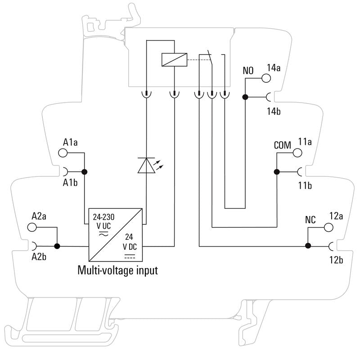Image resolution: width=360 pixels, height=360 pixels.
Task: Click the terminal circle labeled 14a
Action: coord(266,78)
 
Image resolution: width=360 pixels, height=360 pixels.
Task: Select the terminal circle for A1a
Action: coord(63,153)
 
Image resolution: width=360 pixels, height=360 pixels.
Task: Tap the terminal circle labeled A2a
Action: coord(32,227)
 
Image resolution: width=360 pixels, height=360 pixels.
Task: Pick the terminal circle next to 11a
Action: coord(297,153)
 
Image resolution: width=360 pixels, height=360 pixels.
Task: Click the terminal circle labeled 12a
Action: coord(328,227)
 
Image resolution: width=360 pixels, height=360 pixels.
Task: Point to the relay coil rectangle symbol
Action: coord(174,60)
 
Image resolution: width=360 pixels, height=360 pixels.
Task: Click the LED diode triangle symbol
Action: coord(146,165)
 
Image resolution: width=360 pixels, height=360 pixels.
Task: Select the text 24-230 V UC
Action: coord(103,221)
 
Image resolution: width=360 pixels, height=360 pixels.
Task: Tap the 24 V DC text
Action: coord(130,242)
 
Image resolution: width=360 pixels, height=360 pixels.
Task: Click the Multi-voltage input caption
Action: coord(118,270)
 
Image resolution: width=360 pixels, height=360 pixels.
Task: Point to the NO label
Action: coord(248,71)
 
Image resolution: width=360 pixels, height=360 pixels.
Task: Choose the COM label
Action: coord(283,145)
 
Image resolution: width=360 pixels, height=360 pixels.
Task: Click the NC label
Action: coord(310,220)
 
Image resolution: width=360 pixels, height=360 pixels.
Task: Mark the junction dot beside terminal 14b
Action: coord(245,97)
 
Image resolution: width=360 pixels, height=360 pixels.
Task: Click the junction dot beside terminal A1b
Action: coord(85,172)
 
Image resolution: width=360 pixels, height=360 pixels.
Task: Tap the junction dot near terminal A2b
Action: coord(57,246)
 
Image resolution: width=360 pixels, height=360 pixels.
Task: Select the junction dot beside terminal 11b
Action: coord(277,172)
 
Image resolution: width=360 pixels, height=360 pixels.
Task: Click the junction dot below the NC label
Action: coord(308,246)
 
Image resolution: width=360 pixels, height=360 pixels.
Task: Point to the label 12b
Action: coord(336,260)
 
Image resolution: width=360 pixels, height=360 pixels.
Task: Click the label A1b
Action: coord(70,183)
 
